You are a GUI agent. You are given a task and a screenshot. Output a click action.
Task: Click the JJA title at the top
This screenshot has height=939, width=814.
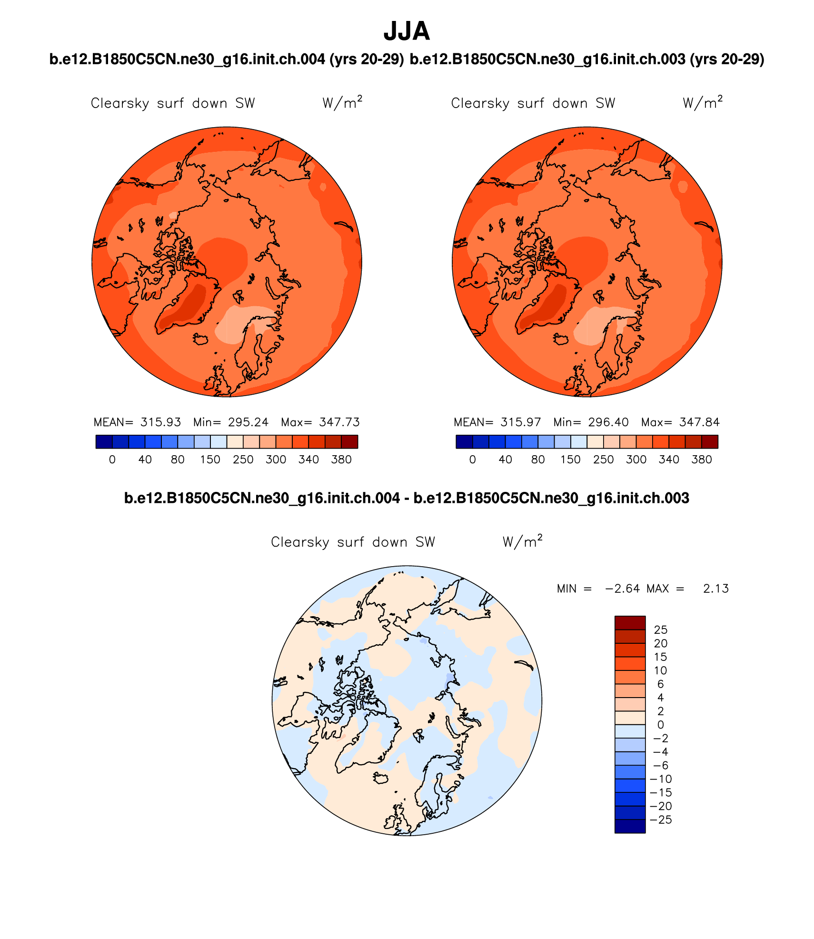(x=407, y=31)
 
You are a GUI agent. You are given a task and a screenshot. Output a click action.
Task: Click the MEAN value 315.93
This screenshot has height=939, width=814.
(x=160, y=422)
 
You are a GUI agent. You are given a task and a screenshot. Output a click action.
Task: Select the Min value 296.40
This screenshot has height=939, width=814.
(x=608, y=422)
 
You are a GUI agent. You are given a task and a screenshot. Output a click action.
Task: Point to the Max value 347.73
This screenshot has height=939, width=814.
(x=339, y=422)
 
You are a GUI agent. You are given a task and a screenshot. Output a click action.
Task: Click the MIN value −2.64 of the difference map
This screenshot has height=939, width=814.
(x=622, y=589)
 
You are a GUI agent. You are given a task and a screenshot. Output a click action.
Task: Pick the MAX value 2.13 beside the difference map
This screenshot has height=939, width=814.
(x=715, y=589)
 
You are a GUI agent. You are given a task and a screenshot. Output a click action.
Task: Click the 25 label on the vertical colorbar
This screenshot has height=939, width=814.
(x=660, y=630)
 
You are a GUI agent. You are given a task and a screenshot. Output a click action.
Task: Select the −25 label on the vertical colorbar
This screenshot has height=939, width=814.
(x=661, y=820)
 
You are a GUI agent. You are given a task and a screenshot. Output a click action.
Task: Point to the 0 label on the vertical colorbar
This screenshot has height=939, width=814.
(x=660, y=725)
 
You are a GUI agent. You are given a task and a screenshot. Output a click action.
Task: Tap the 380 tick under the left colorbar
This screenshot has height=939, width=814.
(x=341, y=460)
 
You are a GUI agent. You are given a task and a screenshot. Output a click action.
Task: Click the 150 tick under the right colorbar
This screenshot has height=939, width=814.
(x=570, y=460)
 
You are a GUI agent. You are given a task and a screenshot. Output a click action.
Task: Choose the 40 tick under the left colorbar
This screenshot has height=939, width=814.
(x=145, y=460)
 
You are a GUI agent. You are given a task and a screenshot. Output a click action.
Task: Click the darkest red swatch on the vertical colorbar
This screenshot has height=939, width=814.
(x=630, y=623)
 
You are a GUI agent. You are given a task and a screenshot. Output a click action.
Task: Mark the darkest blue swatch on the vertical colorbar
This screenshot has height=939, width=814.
(x=630, y=826)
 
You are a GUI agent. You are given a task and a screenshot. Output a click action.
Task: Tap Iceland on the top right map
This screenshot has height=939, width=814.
(x=561, y=339)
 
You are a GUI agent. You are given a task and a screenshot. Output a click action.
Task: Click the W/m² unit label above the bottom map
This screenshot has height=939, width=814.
(x=522, y=541)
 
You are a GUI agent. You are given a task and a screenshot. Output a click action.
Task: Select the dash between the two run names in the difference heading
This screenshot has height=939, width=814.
(x=407, y=499)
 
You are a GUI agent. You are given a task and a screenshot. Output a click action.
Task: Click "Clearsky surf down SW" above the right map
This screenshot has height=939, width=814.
(x=533, y=103)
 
